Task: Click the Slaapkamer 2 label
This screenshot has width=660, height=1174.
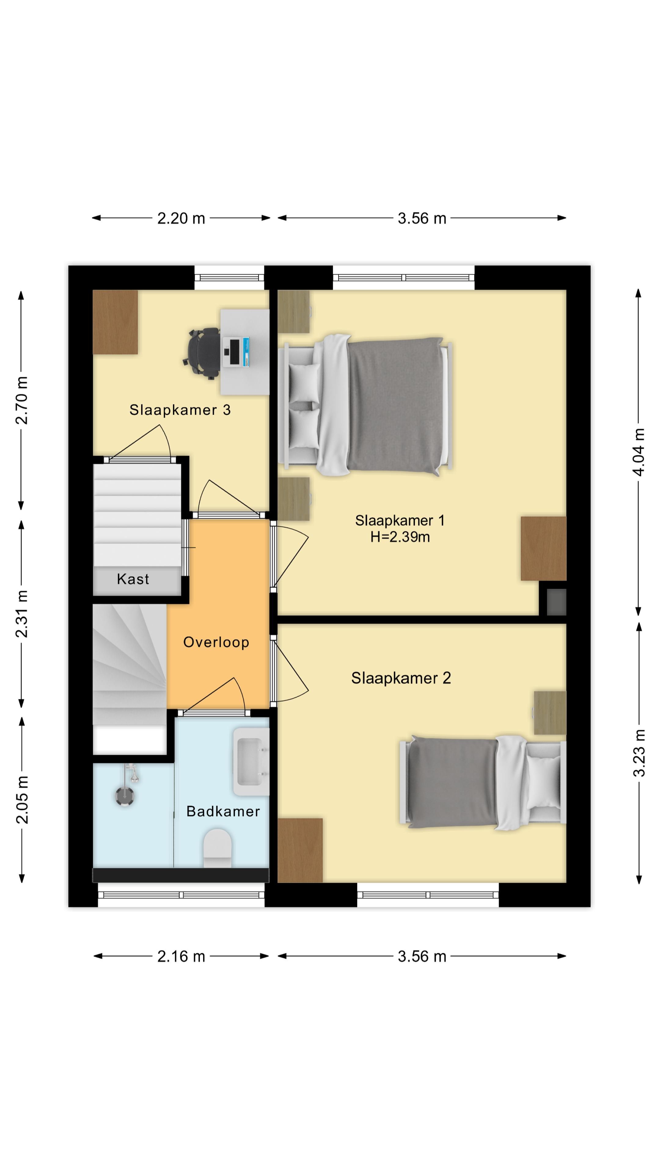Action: tap(401, 678)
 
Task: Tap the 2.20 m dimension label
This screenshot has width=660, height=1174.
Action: tap(181, 218)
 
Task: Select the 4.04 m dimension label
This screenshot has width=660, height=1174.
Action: tap(639, 452)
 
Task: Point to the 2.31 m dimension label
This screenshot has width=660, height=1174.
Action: tap(21, 614)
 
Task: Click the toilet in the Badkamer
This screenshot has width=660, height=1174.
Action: tap(217, 848)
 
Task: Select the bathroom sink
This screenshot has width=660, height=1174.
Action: tap(251, 762)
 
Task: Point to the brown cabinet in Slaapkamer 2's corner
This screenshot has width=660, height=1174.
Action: tap(300, 850)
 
